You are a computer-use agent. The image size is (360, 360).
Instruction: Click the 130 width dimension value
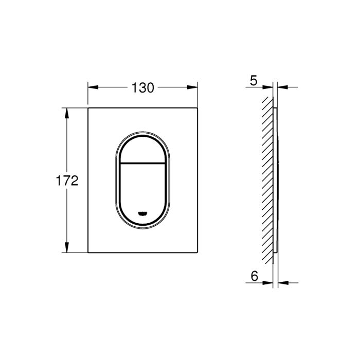pos(142,87)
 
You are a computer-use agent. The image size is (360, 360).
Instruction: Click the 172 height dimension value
pos(67,181)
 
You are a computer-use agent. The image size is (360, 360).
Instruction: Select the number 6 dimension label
pos(254,276)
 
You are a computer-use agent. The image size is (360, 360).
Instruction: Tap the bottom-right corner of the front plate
pos(198,253)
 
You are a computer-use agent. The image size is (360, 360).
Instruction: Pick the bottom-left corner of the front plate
pos(89,253)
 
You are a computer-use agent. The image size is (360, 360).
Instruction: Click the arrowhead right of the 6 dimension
pos(282,282)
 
